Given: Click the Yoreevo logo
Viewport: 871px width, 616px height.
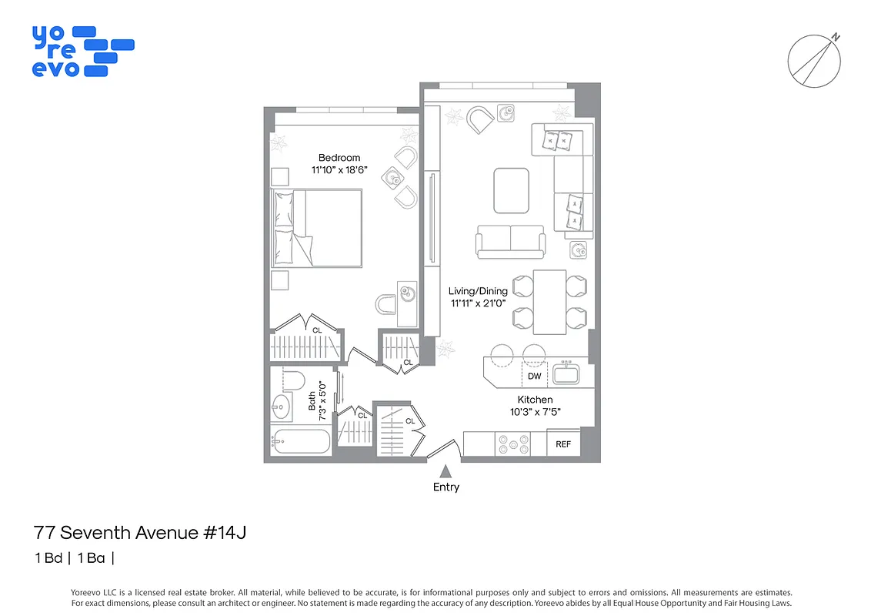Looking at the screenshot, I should [82, 52].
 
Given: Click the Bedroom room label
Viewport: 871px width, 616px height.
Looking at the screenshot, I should [339, 158].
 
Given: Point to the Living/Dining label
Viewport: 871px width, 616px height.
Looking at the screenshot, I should [479, 291].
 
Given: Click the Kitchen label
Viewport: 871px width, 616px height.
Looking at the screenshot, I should [535, 400].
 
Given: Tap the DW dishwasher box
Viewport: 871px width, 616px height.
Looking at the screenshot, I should [535, 377].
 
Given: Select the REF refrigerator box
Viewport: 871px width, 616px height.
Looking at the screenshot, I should [563, 444].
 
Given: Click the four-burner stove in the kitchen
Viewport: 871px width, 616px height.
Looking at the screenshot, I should [513, 444].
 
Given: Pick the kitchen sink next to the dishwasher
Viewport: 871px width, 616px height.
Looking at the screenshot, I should [567, 374].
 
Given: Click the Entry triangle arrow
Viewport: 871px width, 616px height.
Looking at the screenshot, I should [445, 470].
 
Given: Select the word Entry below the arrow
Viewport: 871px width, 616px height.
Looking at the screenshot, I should [446, 487].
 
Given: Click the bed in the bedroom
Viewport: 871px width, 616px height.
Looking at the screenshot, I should [317, 229].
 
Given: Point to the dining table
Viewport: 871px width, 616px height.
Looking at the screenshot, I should [549, 302].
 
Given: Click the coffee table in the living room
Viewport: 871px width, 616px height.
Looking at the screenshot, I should [511, 190].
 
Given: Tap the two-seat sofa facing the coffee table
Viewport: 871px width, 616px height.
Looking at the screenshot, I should [510, 241].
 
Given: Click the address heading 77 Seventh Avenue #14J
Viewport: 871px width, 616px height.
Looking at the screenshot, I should [140, 532].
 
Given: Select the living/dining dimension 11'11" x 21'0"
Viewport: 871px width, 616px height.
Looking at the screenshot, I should [479, 303].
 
